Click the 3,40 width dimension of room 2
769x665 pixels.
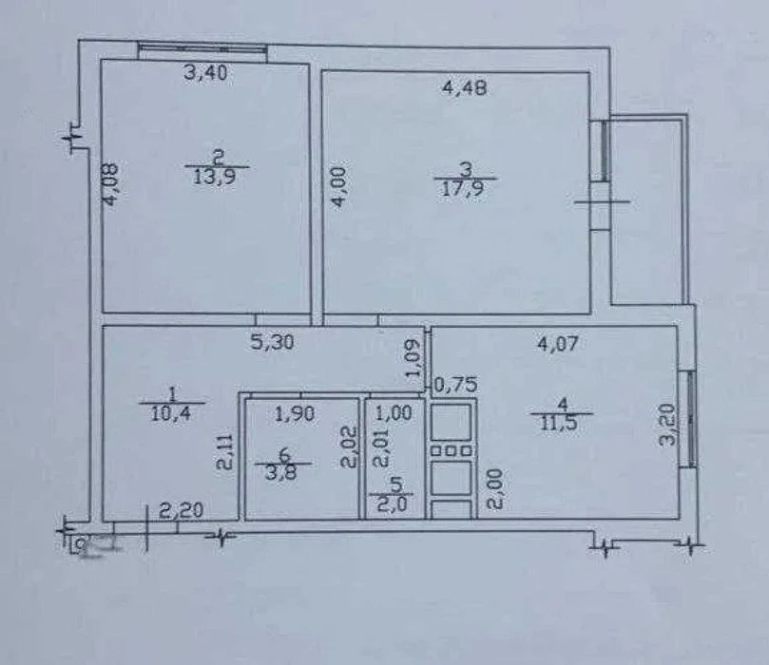[x=205, y=73]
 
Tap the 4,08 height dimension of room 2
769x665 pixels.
[x=110, y=184]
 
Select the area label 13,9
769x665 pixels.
[x=215, y=177]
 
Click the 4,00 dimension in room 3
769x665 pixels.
[x=339, y=187]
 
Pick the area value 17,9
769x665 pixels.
[x=464, y=188]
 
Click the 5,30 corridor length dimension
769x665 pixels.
[x=272, y=342]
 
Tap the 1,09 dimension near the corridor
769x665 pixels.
[x=413, y=358]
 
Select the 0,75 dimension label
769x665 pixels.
[x=456, y=385]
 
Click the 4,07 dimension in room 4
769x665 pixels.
[x=558, y=344]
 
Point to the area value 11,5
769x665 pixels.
[x=562, y=424]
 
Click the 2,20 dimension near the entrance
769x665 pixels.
[x=181, y=511]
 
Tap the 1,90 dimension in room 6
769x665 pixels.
[x=295, y=414]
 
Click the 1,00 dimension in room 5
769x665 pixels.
[x=394, y=413]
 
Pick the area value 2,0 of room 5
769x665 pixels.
[x=394, y=503]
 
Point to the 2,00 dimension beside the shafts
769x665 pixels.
[x=494, y=489]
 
